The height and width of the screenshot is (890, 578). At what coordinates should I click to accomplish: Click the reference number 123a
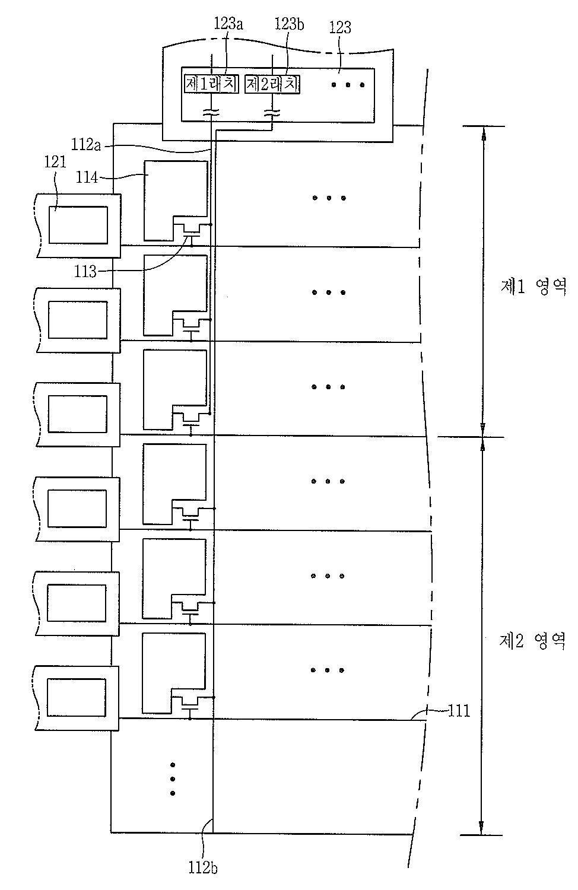pos(228,24)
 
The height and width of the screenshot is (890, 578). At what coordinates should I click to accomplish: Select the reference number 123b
pos(290,24)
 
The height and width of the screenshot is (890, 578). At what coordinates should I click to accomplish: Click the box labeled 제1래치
pos(211,85)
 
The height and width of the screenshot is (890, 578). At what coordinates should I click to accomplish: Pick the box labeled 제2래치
pos(272,85)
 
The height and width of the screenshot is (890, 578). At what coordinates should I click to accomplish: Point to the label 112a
pos(86,145)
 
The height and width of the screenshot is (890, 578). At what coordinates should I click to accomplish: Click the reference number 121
pos(55,161)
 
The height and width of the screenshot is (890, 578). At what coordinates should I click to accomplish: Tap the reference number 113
pos(85,272)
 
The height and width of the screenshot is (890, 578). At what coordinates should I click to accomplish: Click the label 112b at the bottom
pos(203,867)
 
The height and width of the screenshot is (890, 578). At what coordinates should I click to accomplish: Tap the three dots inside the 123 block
pos(348,85)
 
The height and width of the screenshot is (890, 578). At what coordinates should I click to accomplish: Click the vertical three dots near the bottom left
pos(173,778)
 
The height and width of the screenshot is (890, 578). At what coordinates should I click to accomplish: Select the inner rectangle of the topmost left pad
pos(78,225)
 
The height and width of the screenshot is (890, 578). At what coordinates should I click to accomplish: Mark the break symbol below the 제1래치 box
pos(210,112)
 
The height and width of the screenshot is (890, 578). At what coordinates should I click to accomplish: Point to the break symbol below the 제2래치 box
pos(272,112)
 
